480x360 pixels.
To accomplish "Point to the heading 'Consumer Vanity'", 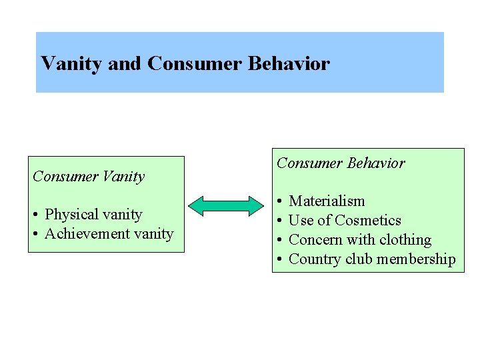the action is click(89, 176).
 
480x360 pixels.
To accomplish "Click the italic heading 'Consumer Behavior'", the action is click(341, 163).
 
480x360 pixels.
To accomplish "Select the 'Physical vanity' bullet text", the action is click(93, 214).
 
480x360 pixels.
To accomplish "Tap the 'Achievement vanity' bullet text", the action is click(109, 233).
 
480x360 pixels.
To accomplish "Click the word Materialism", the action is click(327, 201).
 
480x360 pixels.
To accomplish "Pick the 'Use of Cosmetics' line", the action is click(345, 220).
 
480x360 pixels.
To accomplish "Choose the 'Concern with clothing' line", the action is click(360, 239).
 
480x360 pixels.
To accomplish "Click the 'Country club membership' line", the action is click(372, 259).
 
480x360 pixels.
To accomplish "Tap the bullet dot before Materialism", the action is click(279, 201).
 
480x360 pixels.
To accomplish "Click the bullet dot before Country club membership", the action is click(279, 259).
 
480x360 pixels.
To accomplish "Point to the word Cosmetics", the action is click(368, 220).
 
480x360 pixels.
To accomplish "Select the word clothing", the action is click(404, 239).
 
